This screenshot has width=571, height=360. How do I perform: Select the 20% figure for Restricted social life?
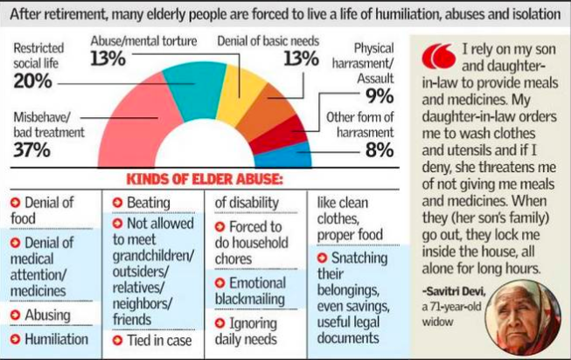(x=31, y=80)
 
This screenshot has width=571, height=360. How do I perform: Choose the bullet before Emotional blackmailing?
(x=221, y=283)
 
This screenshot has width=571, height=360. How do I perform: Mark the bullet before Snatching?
(x=322, y=259)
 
